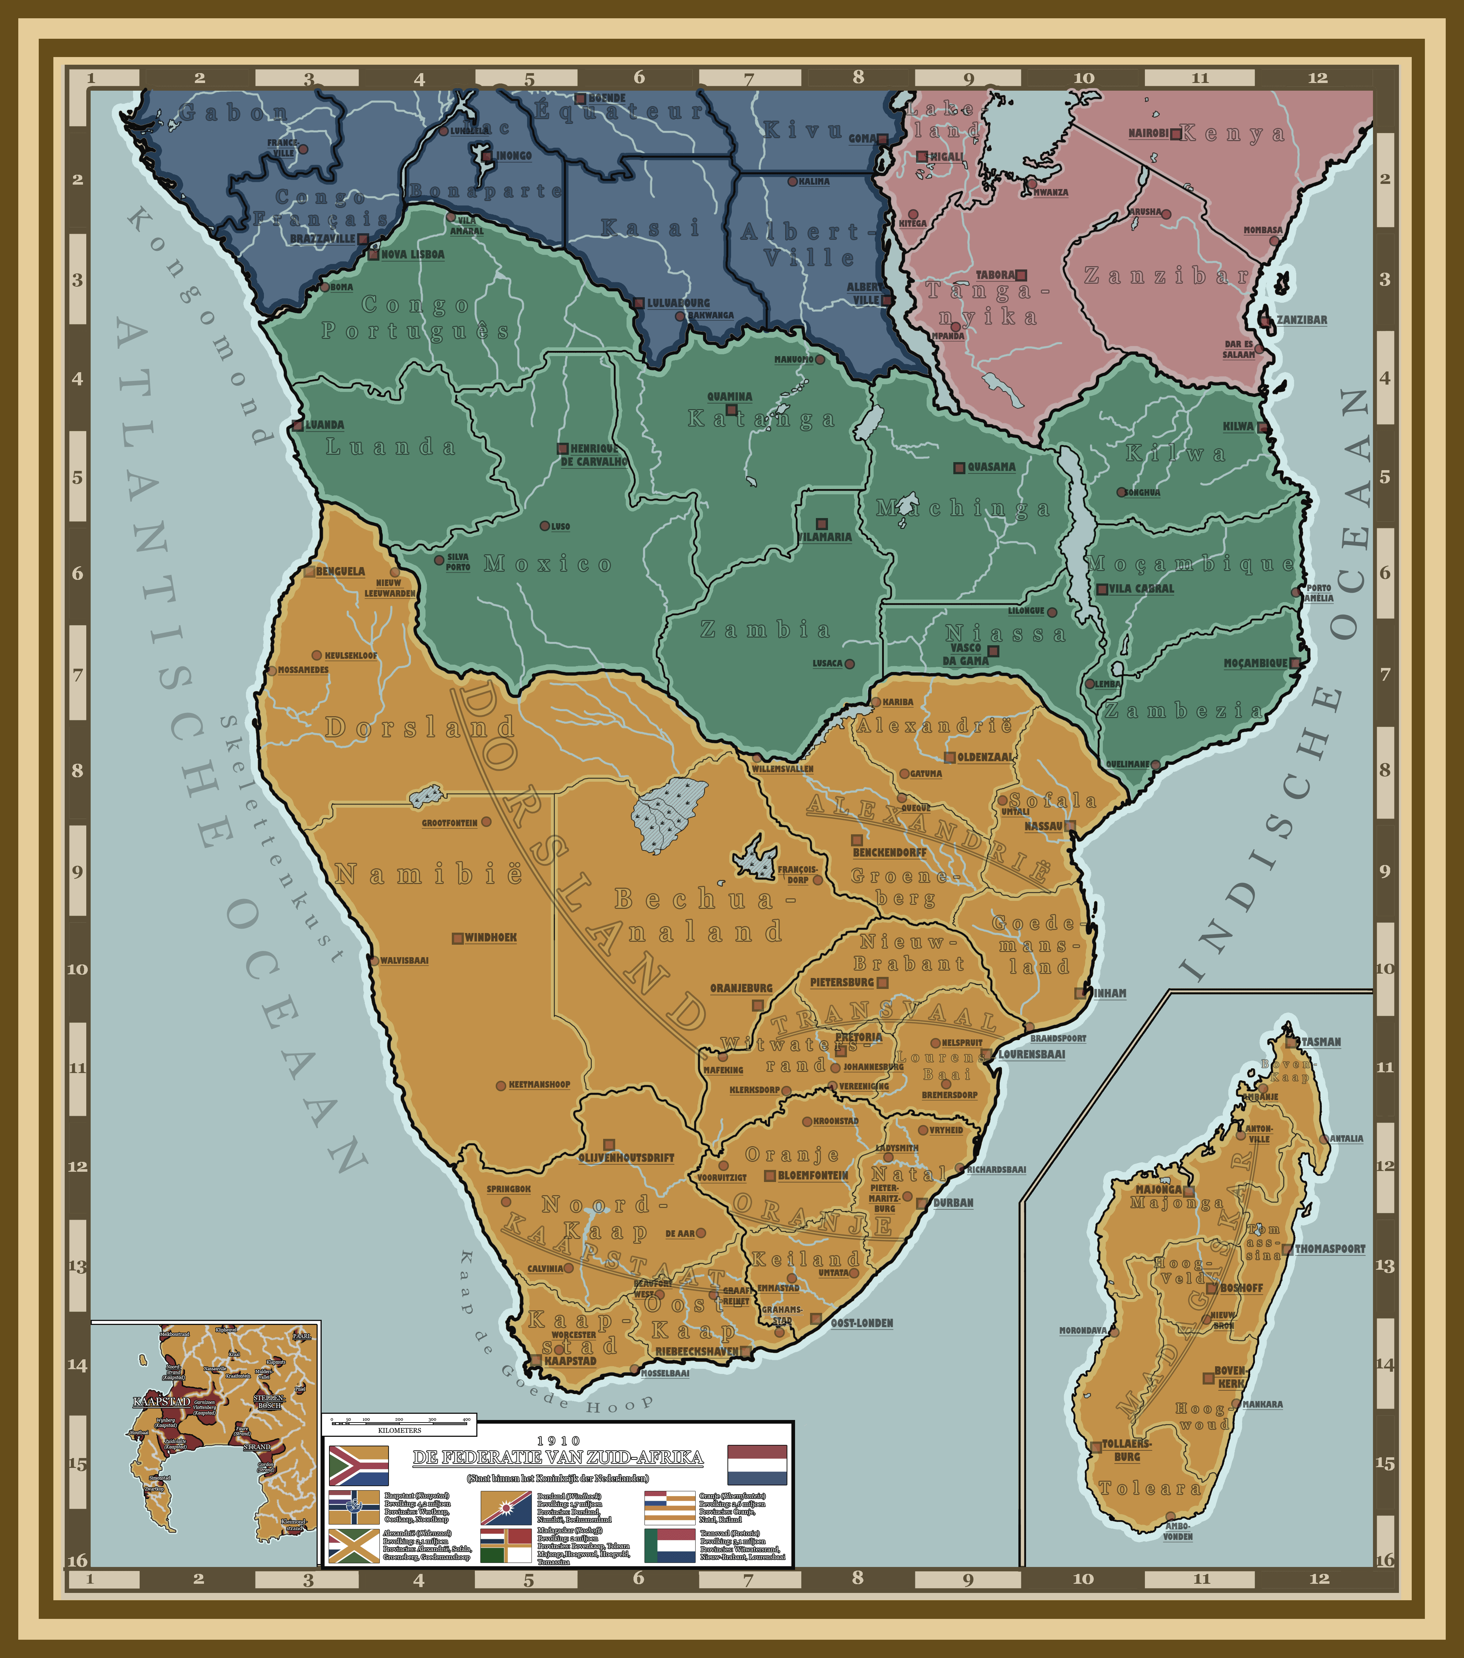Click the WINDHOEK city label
[x=491, y=938]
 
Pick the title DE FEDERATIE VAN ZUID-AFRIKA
[x=558, y=1458]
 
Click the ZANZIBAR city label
[x=1302, y=320]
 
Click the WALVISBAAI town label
[x=404, y=960]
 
